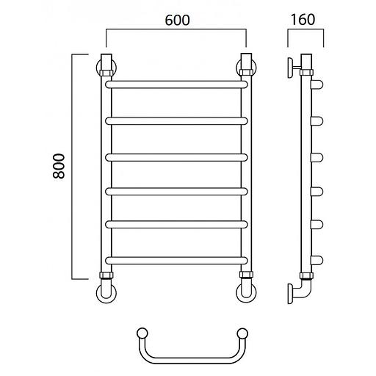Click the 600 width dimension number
[x=177, y=20]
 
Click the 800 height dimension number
[x=59, y=166]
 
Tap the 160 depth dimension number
[x=303, y=20]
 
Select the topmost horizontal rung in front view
[x=176, y=84]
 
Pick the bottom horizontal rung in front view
[x=176, y=261]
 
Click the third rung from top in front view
[x=176, y=157]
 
